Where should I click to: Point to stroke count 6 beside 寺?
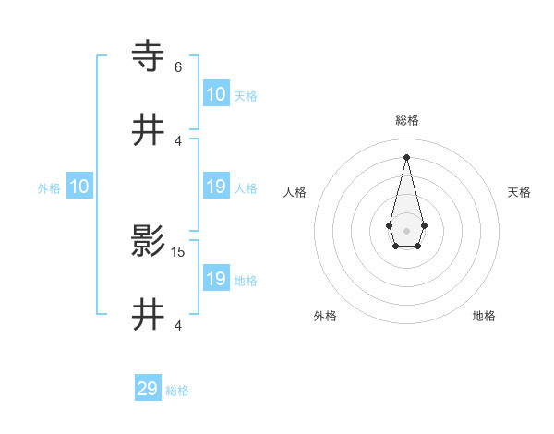pyautogui.click(x=178, y=67)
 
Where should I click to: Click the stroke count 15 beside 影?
pyautogui.click(x=179, y=251)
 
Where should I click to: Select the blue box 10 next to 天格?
pyautogui.click(x=216, y=94)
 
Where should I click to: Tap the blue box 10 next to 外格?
pyautogui.click(x=79, y=187)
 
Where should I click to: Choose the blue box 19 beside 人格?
pyautogui.click(x=216, y=187)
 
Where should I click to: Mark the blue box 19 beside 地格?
pyautogui.click(x=216, y=279)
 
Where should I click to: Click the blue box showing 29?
pyautogui.click(x=148, y=389)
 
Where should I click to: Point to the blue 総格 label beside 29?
pyautogui.click(x=178, y=391)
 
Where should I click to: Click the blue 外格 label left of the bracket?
pyautogui.click(x=49, y=187)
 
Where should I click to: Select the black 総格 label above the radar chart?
pyautogui.click(x=407, y=121)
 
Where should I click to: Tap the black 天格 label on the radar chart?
pyautogui.click(x=520, y=192)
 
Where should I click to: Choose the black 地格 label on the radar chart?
pyautogui.click(x=484, y=316)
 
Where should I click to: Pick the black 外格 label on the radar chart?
pyautogui.click(x=325, y=316)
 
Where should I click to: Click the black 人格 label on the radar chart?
pyautogui.click(x=295, y=192)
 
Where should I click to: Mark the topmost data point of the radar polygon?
pyautogui.click(x=406, y=156)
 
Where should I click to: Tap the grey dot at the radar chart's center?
pyautogui.click(x=406, y=230)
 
